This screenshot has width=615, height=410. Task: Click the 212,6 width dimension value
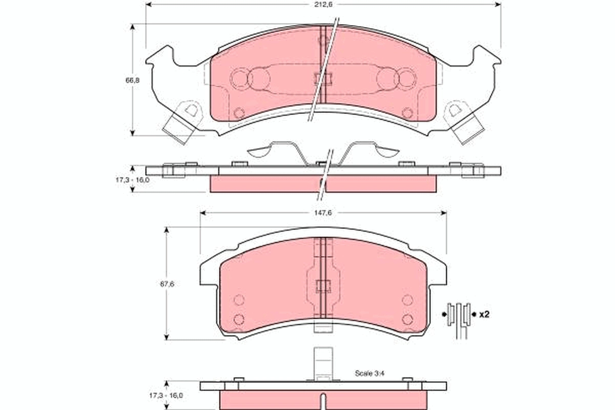pos(323,5)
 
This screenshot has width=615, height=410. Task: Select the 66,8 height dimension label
pos(133,80)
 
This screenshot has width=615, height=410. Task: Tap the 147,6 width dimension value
pos(323,213)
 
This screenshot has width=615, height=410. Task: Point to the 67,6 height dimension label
pos(167,284)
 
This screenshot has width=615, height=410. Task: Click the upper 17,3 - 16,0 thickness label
pos(132,180)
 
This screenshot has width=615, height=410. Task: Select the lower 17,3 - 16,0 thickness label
pos(166,396)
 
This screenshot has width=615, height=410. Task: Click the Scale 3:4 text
pos(370,373)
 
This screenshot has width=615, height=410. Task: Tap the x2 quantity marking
pos(484,315)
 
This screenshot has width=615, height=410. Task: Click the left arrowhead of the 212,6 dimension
pos(149,5)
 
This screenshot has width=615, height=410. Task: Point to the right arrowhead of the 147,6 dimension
pos(443,213)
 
